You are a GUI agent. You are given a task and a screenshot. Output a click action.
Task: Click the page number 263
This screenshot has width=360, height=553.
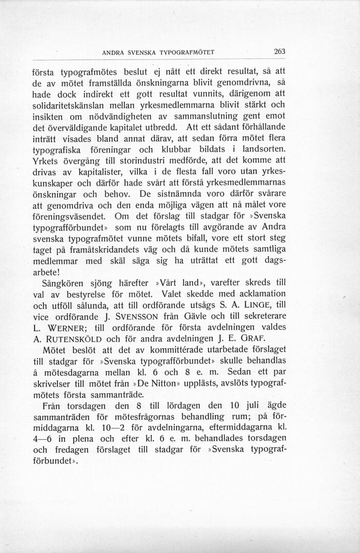[x=280, y=51]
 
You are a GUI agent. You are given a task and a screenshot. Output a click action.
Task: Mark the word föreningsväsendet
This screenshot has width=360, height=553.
[x=70, y=216]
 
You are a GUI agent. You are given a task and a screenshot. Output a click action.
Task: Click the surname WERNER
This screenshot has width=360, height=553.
[x=68, y=327]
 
